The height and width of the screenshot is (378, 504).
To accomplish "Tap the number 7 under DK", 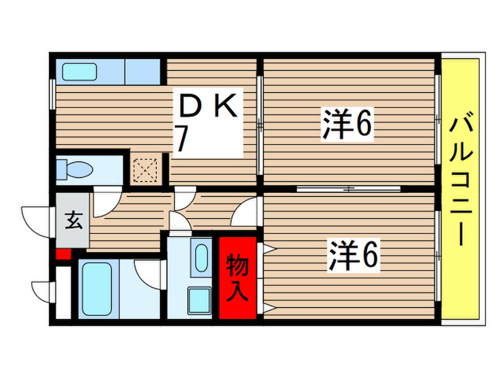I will coord(183,140).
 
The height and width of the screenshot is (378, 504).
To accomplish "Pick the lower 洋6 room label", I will coord(354,256).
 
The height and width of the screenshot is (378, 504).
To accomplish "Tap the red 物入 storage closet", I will coord(238,278).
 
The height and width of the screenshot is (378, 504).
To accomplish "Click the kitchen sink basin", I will coord(82,72).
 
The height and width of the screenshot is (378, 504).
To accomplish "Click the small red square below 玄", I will coord(62,253).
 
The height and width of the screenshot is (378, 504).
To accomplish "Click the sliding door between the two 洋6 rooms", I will coord(348,189).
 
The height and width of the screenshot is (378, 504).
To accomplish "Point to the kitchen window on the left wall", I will coord(52,93).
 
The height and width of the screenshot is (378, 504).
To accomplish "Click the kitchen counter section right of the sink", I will coord(143,72).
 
